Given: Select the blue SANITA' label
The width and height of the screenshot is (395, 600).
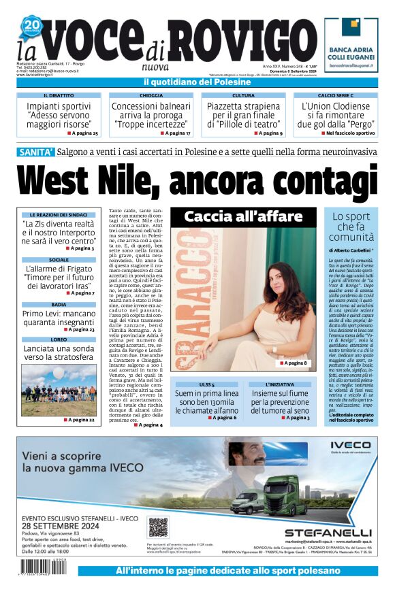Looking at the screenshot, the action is click(x=36, y=152).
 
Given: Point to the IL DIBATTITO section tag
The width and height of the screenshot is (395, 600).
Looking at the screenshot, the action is click(x=59, y=96).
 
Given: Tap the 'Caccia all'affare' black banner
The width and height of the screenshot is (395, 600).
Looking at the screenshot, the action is click(x=242, y=217).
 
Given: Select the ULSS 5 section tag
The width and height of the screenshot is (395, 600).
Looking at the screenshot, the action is click(x=206, y=384).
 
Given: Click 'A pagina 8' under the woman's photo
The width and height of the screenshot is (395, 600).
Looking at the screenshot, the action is click(x=295, y=364).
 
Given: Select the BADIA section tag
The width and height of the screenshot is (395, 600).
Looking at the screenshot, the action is click(x=59, y=305).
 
